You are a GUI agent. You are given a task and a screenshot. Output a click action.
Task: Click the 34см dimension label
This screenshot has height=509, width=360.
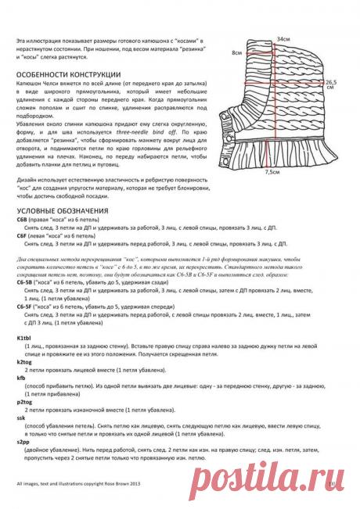pos(282,38)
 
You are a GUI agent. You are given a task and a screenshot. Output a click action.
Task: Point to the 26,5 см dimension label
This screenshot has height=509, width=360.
pos(330,84)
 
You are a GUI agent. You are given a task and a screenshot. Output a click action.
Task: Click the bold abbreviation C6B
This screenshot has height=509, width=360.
pos(23,220)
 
